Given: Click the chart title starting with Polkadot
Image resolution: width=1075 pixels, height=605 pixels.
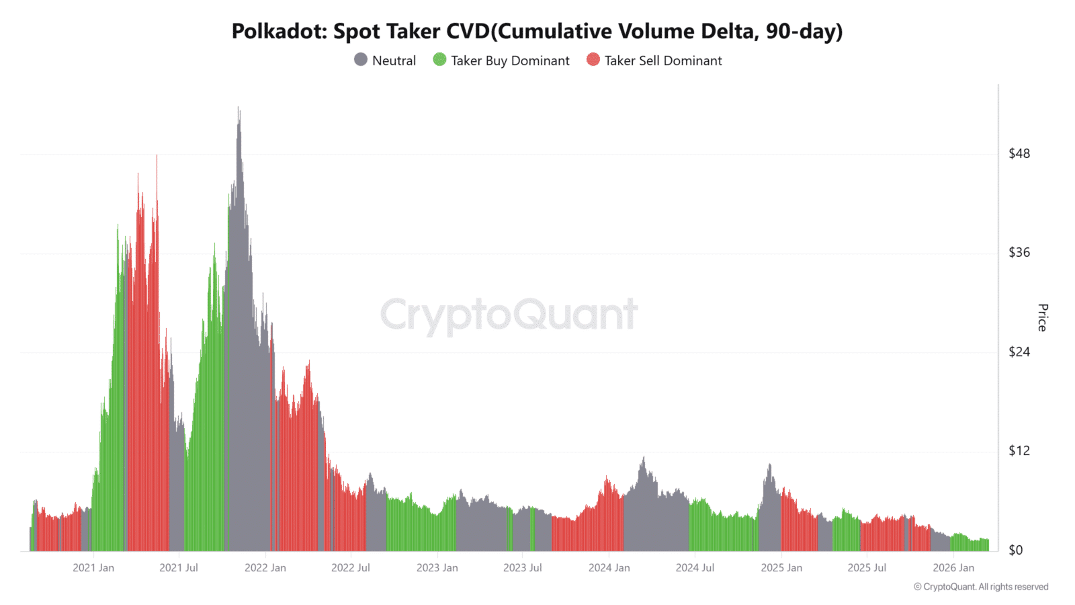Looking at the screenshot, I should pos(537,32).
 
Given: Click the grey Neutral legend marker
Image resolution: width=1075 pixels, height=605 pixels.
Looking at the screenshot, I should pos(361,60).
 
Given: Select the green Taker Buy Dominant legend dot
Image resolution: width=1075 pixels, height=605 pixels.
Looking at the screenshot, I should pos(439,60).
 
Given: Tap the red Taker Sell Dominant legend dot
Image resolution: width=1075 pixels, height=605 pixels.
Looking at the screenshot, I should pos(593,60).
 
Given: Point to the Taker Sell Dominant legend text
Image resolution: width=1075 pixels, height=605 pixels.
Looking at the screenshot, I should pos(663,61).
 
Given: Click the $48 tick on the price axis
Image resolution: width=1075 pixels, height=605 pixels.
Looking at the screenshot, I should pos(1019,153).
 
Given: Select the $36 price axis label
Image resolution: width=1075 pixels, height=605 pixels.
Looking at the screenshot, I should pos(1019,252).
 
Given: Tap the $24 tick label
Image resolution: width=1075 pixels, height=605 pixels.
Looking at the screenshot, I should pos(1019,352).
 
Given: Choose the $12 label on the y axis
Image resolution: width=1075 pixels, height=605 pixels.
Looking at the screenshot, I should pos(1019,450).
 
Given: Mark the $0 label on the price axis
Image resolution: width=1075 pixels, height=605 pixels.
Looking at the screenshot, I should pos(1015,550).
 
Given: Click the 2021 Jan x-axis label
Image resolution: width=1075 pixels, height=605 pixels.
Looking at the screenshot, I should pos(93,568).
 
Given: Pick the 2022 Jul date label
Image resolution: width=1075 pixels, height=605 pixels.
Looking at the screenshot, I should pos(351,568).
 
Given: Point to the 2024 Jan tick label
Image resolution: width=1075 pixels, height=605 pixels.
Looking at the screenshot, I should pos(609,568).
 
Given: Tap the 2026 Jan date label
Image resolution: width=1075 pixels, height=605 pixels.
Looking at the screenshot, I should pos(953,568).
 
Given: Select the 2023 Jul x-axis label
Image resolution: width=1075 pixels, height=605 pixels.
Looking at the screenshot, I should pos(523,568).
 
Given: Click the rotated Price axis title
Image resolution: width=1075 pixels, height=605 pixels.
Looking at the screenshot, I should pos(1042,317).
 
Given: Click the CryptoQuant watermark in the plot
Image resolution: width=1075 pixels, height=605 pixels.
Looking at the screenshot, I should pos(509,315).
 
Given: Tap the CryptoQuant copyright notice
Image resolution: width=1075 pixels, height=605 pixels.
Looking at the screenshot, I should pos(980,587).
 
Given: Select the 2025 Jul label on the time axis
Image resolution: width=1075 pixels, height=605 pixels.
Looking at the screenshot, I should pos(867,568).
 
